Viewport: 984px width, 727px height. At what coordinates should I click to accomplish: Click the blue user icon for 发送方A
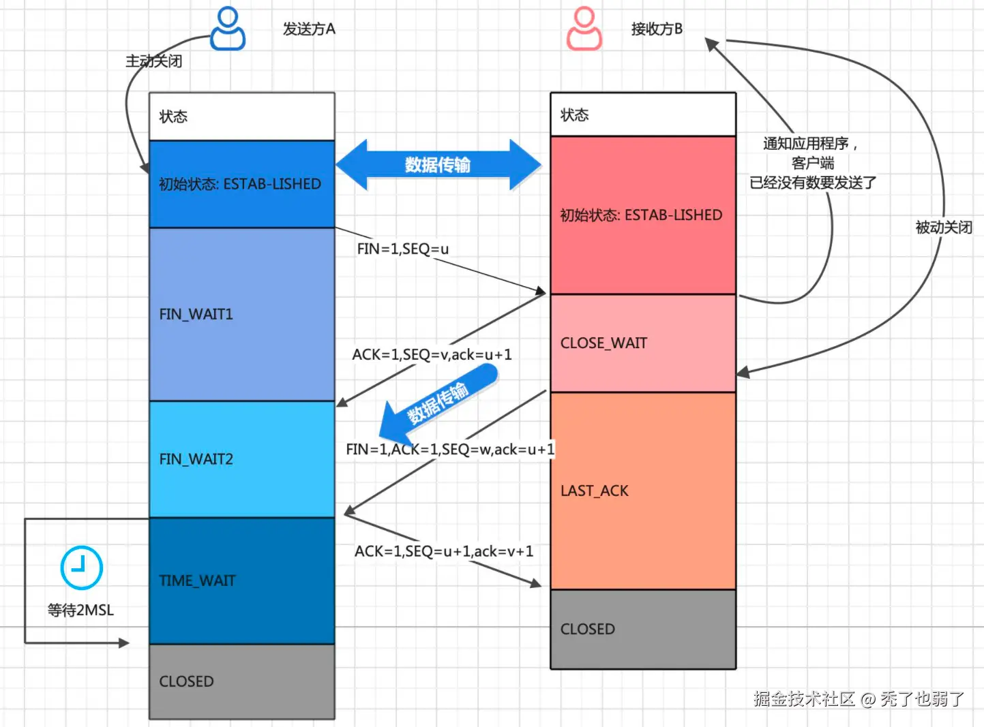click(227, 29)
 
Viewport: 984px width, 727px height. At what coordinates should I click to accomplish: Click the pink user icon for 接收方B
click(584, 29)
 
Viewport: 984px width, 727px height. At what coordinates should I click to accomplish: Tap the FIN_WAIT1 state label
click(196, 314)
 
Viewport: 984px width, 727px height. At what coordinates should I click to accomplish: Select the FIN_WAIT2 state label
click(196, 459)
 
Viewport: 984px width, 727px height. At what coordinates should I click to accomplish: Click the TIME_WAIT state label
click(197, 581)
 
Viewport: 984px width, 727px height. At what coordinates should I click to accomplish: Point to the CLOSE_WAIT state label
click(603, 343)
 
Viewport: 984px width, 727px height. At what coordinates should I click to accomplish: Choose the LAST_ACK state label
click(594, 491)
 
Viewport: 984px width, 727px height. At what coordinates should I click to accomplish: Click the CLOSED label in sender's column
click(186, 681)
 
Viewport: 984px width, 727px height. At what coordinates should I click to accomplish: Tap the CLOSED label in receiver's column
click(587, 629)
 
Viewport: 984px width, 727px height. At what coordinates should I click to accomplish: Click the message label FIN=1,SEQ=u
click(402, 249)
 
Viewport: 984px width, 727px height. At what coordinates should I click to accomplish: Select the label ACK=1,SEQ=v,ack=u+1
click(432, 354)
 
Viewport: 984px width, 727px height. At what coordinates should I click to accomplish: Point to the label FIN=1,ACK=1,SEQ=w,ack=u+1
click(450, 449)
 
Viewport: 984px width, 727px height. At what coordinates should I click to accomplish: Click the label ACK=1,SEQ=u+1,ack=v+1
click(444, 551)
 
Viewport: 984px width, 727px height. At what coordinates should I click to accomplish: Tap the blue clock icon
click(81, 567)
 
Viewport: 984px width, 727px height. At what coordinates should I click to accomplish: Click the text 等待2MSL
click(80, 610)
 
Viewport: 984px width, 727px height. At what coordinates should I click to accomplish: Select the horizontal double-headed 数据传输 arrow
click(438, 164)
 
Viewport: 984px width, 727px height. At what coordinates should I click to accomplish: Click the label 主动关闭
click(154, 61)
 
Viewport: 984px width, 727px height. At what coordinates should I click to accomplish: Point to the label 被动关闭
click(944, 228)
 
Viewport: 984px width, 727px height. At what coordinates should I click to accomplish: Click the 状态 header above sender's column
click(173, 117)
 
